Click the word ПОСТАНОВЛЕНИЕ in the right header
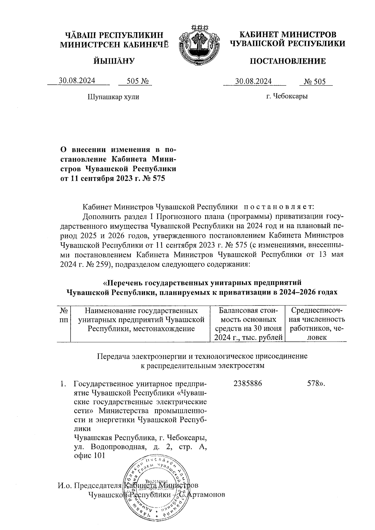coord(287,61)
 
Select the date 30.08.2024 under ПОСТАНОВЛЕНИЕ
coord(253,82)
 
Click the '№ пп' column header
coord(64,315)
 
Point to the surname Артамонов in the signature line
coord(207,495)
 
